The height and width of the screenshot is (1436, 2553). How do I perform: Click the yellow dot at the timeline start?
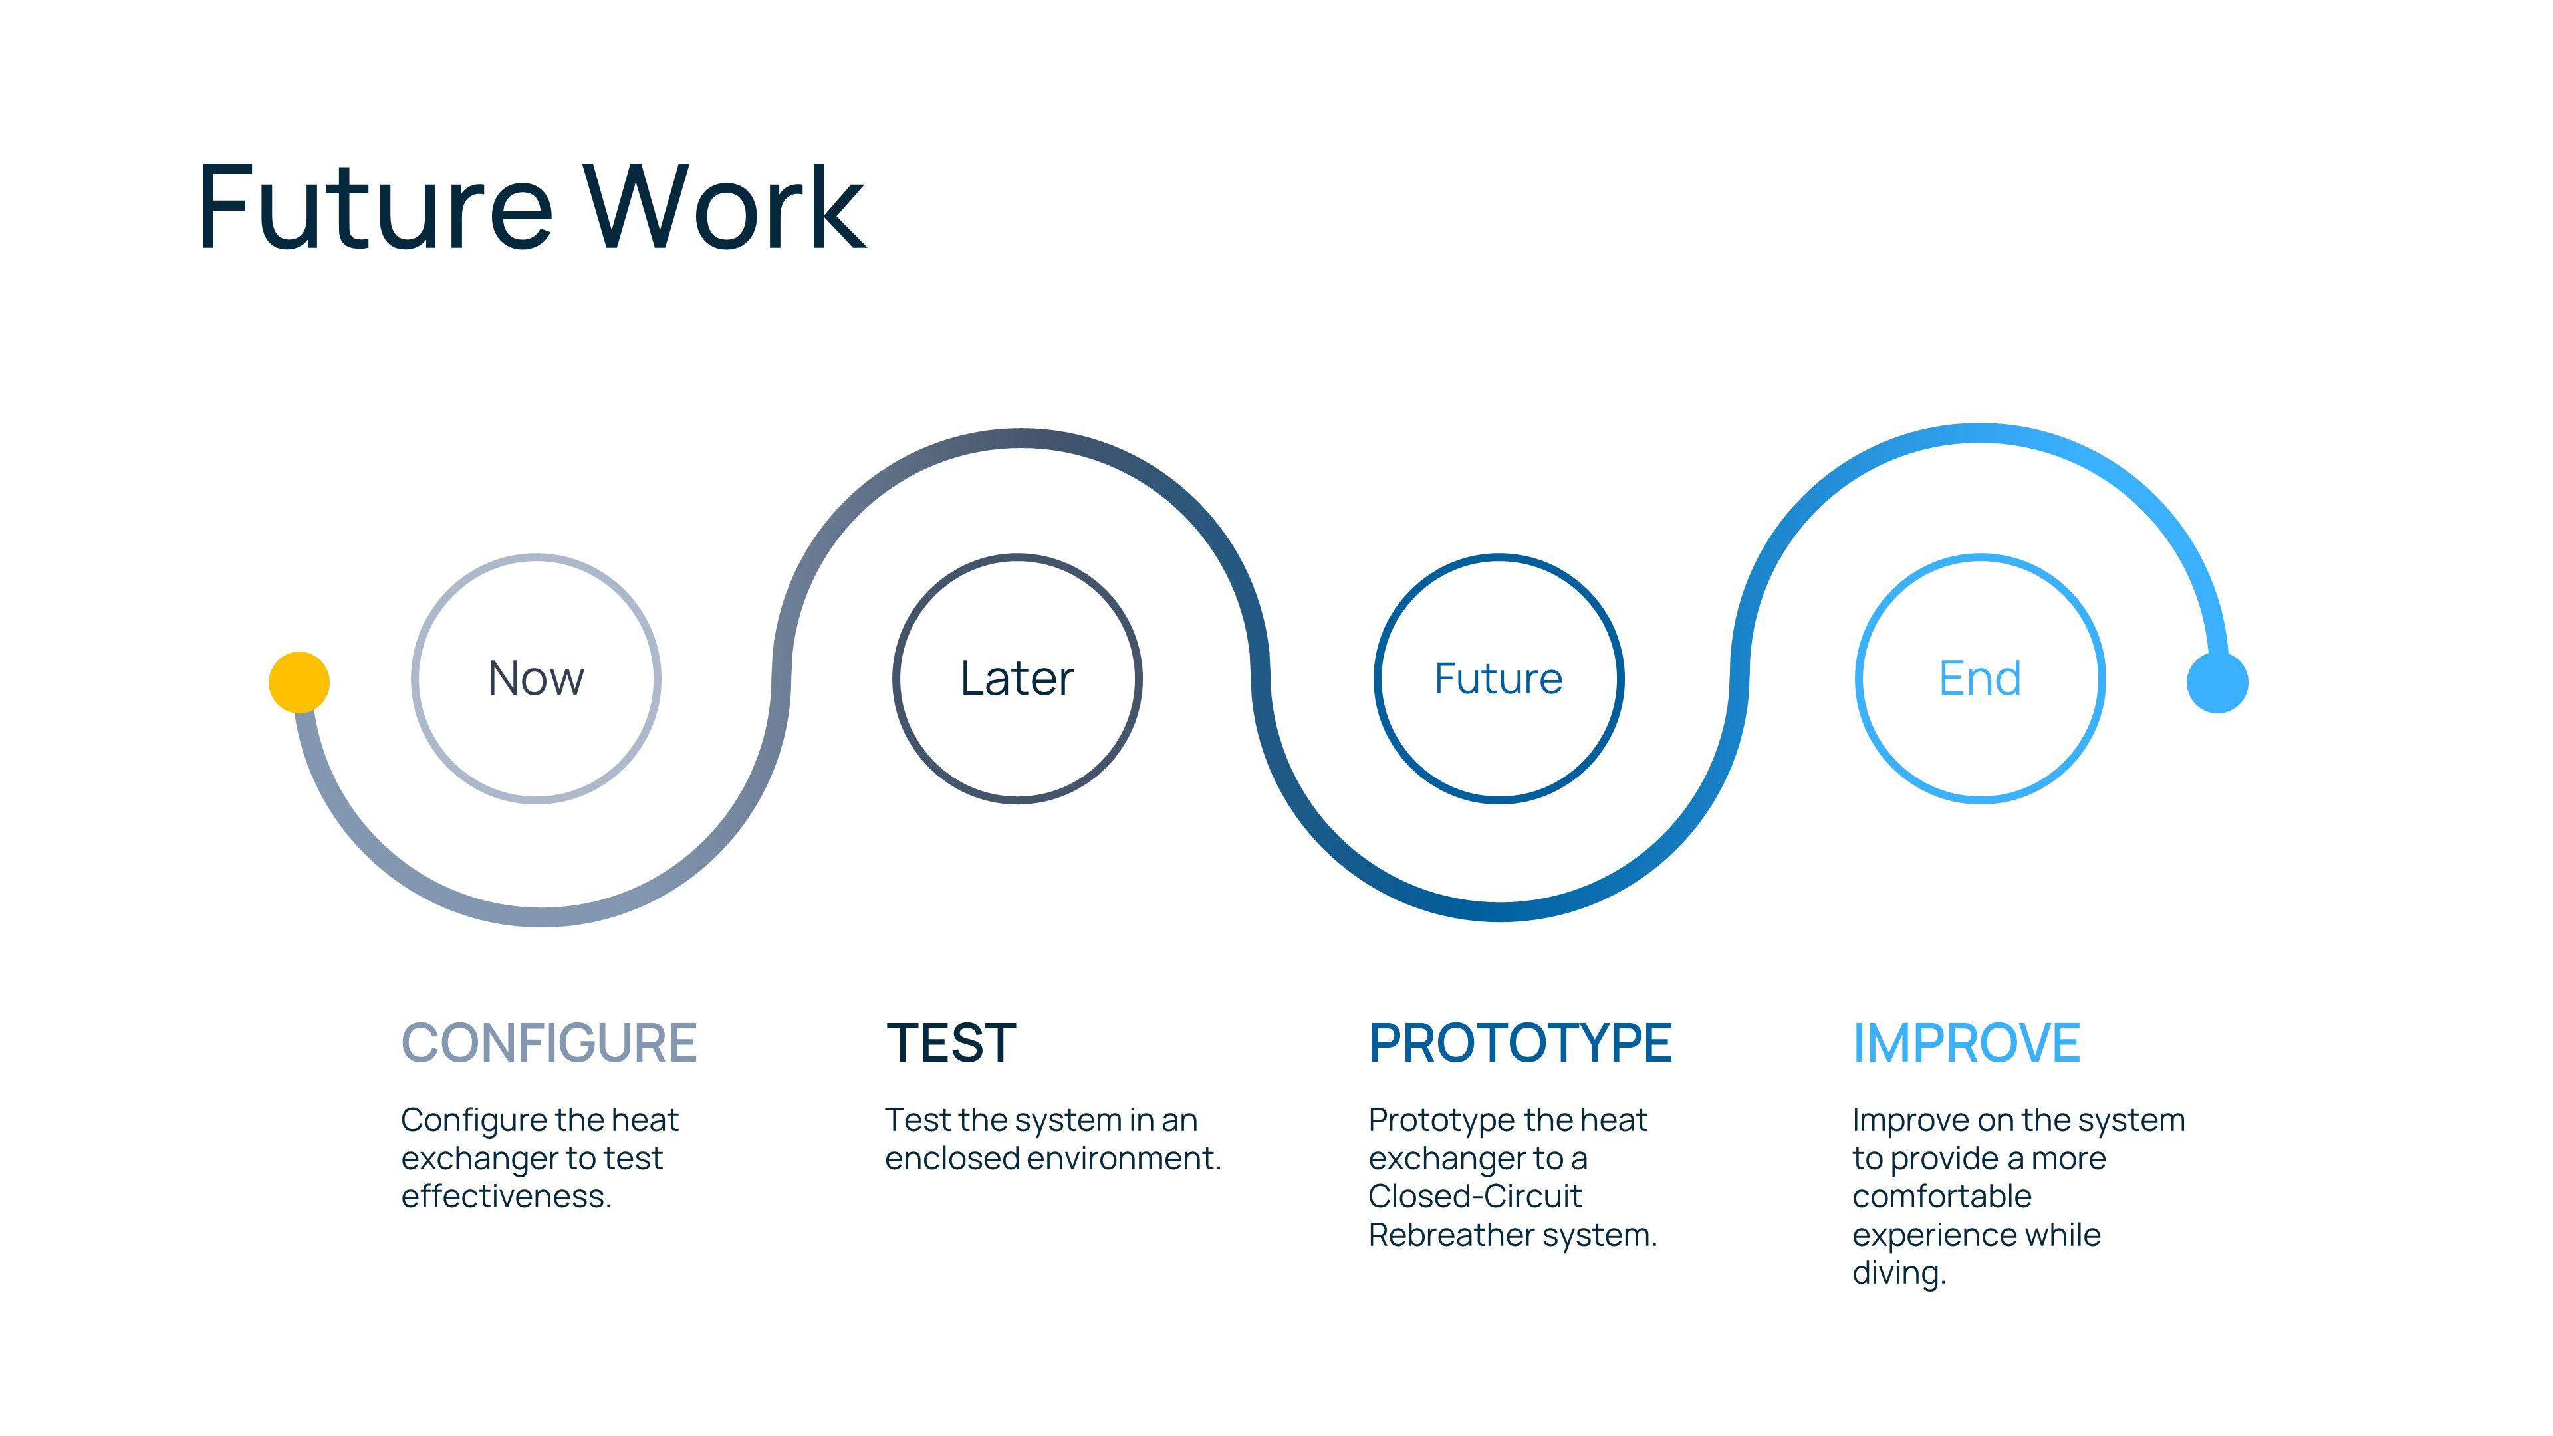pyautogui.click(x=299, y=682)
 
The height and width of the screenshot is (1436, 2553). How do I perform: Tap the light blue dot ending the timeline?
pyautogui.click(x=2217, y=682)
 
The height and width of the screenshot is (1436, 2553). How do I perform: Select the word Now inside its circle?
pyautogui.click(x=536, y=679)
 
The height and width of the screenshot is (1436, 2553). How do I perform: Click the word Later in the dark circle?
pyautogui.click(x=1017, y=679)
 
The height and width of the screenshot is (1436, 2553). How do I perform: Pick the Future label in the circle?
pyautogui.click(x=1499, y=679)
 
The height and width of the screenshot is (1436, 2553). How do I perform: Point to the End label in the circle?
pyautogui.click(x=1979, y=679)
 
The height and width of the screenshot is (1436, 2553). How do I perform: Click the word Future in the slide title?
pyautogui.click(x=374, y=208)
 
